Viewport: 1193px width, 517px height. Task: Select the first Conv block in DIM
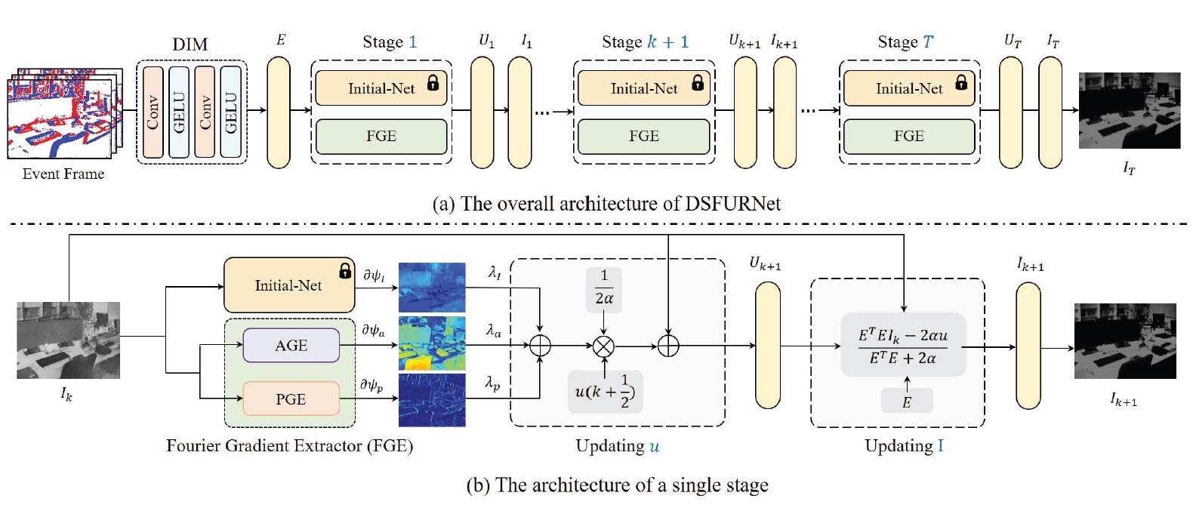[x=153, y=112]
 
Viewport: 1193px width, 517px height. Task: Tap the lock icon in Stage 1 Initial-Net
[x=433, y=83]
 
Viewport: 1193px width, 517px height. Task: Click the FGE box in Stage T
[x=909, y=136]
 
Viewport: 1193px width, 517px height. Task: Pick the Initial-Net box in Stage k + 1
[x=643, y=88]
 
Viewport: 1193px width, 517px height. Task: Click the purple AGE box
[x=291, y=346]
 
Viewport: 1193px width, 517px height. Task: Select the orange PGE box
[x=291, y=399]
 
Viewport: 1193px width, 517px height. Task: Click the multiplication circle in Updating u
[x=603, y=346]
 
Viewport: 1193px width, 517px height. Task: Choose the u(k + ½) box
[x=606, y=391]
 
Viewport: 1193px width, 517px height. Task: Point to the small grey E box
[x=906, y=402]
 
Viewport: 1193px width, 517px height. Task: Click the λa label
[x=494, y=330]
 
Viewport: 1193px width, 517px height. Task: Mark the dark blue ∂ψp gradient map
[x=432, y=400]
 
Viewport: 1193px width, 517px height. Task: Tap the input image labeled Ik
[x=68, y=340]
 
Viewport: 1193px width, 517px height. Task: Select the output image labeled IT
[x=1129, y=110]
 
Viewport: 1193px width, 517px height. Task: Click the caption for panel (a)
[x=606, y=204]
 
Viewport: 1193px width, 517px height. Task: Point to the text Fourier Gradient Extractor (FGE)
[x=289, y=445]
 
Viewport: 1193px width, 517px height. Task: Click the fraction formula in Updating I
[x=903, y=346]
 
